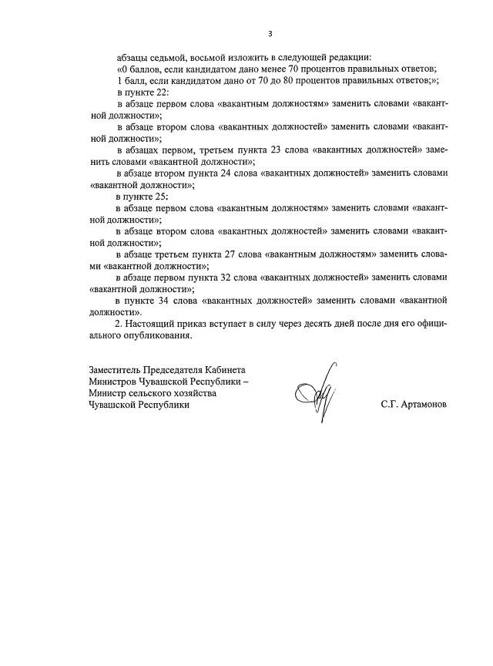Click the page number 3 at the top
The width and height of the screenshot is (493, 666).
point(270,34)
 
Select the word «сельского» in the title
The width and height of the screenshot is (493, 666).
point(156,393)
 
